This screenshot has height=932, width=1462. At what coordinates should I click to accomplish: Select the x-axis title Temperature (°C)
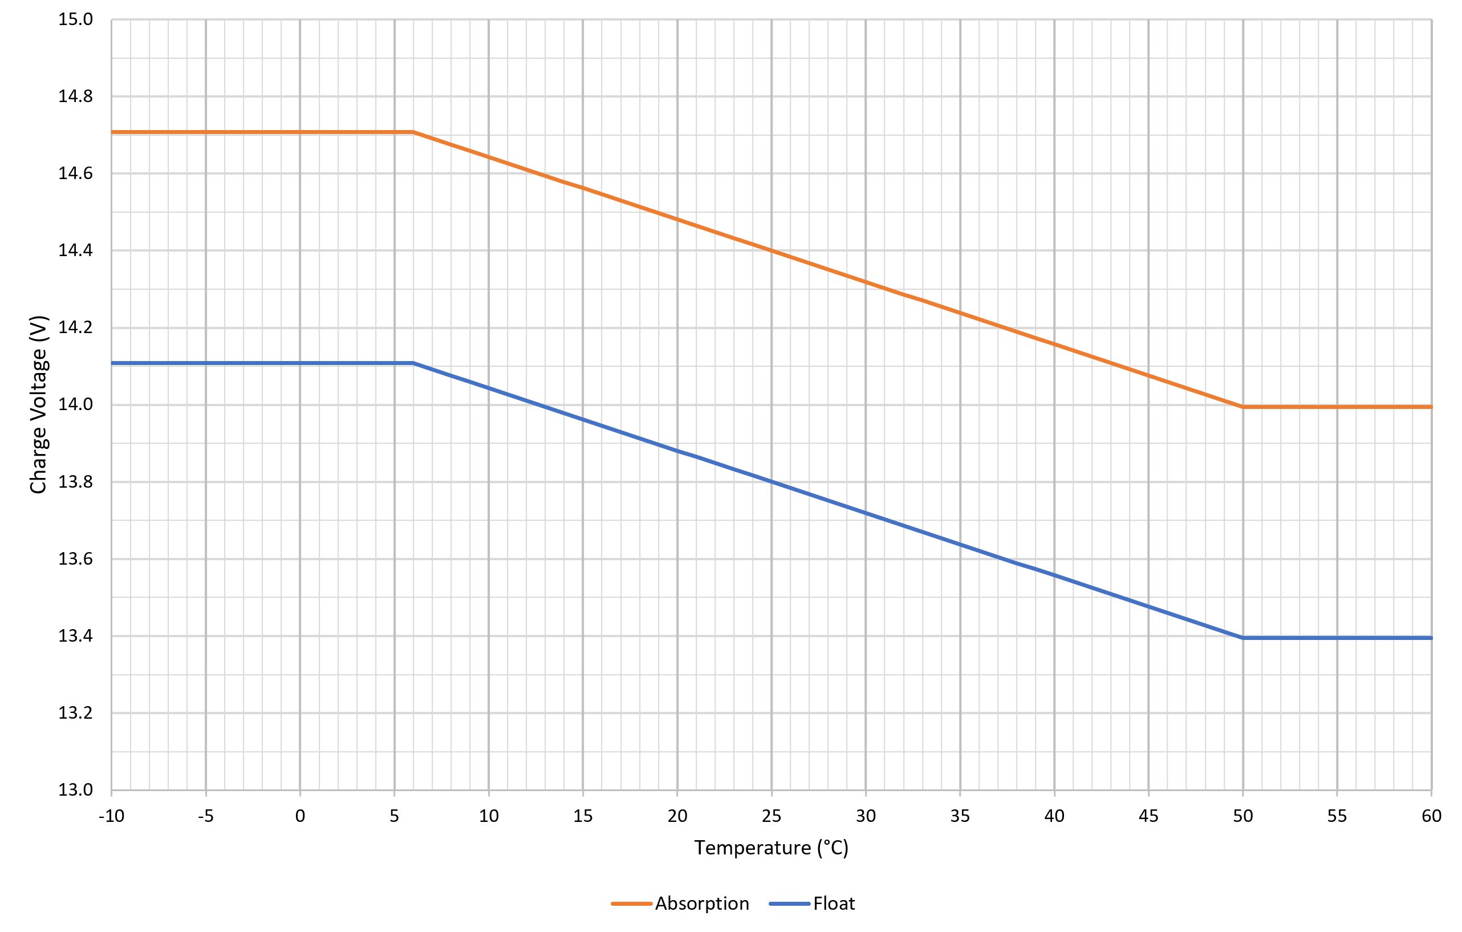point(771,848)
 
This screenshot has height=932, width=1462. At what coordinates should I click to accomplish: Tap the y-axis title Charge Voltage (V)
point(38,404)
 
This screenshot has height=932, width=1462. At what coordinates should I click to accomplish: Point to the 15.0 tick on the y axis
point(75,19)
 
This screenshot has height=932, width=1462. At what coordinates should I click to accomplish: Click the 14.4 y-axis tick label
point(75,250)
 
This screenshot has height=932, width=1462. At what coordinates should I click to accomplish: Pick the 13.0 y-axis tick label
point(75,790)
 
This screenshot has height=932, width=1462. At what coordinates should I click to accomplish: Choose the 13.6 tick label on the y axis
point(75,558)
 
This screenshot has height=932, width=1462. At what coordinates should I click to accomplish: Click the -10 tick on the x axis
point(112,816)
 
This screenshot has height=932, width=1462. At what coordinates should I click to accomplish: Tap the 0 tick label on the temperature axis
point(300,816)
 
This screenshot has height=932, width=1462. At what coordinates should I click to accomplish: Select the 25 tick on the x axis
point(771,816)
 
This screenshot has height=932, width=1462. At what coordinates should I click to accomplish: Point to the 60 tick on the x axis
point(1431,816)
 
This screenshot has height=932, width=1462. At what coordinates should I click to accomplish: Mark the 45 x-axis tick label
point(1148,816)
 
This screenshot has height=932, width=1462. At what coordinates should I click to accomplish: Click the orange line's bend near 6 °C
point(413,132)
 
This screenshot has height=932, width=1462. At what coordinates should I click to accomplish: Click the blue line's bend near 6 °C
point(413,363)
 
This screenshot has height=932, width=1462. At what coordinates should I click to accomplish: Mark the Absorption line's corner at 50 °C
point(1243,407)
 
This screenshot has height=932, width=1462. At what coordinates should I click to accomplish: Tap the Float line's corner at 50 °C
point(1243,638)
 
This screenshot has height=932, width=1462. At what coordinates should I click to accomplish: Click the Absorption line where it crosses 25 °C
point(771,250)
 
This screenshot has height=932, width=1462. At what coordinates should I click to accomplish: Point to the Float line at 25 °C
point(771,482)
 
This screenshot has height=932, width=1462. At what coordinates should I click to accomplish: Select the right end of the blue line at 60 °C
point(1430,638)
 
